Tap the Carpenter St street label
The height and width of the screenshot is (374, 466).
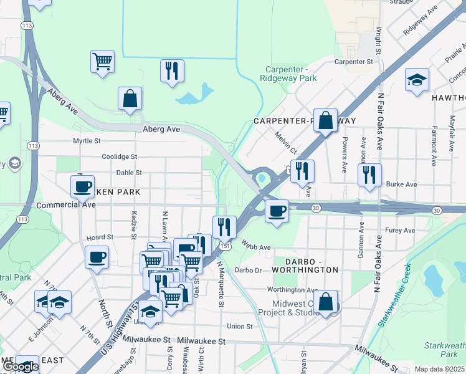[x=353, y=62]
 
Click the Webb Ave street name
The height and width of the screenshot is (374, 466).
[x=256, y=247]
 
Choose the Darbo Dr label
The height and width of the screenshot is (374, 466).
[x=249, y=270]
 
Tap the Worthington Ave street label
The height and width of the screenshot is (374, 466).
[x=292, y=290]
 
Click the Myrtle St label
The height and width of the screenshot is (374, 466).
[x=87, y=141]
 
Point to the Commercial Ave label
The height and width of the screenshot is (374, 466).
[x=66, y=204]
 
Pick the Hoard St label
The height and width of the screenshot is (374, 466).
[x=100, y=237]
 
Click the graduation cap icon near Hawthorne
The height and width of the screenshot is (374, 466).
[x=417, y=81]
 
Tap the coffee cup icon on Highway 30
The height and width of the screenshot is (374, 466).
[x=277, y=211]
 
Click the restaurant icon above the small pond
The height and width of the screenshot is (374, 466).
[x=172, y=70]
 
